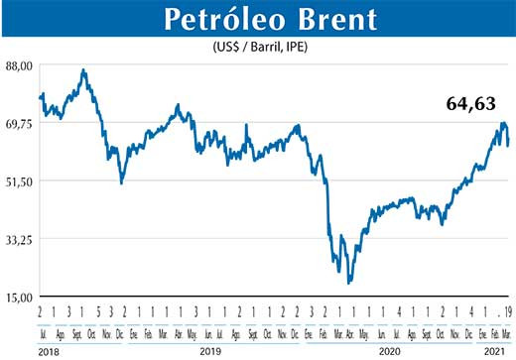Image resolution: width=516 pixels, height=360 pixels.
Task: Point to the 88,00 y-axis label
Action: [x=21, y=65]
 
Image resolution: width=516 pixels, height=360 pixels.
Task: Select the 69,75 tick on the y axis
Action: [x=21, y=123]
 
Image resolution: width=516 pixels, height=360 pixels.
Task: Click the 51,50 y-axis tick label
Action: [x=21, y=180]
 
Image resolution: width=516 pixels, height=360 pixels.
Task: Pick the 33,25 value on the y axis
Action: [x=21, y=239]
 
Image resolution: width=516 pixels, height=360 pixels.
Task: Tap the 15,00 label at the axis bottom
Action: [x=21, y=297]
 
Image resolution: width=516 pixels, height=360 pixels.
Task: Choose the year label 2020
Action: [x=389, y=351]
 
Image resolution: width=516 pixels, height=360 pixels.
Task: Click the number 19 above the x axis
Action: [x=507, y=310]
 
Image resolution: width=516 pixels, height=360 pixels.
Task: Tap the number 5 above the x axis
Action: [x=97, y=310]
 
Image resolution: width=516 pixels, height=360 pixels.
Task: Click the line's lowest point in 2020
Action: [x=349, y=284]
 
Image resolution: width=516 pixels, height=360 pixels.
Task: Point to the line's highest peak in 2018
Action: [x=83, y=70]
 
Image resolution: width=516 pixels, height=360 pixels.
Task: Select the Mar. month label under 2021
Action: [x=505, y=329]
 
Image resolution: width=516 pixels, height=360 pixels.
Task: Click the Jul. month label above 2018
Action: [x=41, y=329]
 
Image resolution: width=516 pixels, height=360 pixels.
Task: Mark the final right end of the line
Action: [x=509, y=145]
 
